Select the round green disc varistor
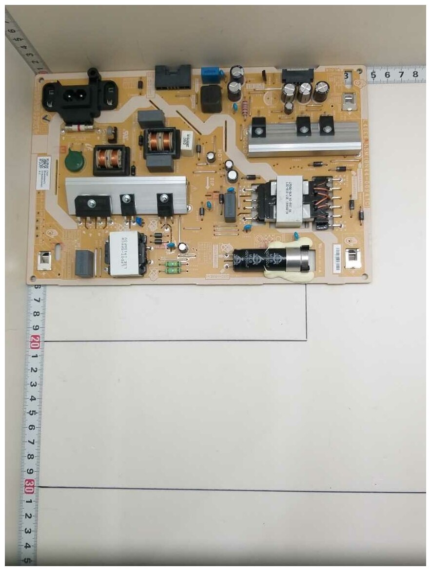click(x=74, y=161)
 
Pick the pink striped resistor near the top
click(x=245, y=107)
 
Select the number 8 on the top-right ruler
click(x=415, y=75)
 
